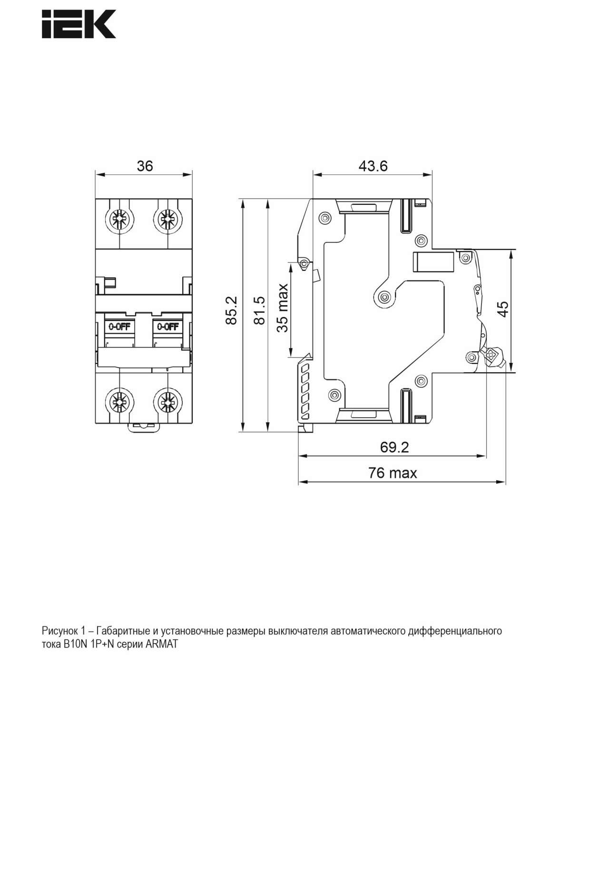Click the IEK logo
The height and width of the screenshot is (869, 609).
coord(79,24)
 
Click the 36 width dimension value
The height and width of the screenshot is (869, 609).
coord(145,166)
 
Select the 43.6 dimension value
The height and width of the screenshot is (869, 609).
coord(373,166)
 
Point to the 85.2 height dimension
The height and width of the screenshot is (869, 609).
coord(231,310)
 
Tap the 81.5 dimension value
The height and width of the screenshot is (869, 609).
coord(259,310)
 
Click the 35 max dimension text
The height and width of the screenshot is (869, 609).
coord(283,308)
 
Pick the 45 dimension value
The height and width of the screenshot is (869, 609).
coord(503,309)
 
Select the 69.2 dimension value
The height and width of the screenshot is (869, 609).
coord(394,447)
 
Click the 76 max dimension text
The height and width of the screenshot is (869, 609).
coord(393,473)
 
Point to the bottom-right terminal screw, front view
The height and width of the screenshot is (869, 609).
coord(167,402)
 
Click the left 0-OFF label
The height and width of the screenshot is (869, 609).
coord(120,327)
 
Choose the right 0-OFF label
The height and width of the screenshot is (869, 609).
coord(167,327)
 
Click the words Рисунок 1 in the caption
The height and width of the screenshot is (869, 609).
coord(63,631)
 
